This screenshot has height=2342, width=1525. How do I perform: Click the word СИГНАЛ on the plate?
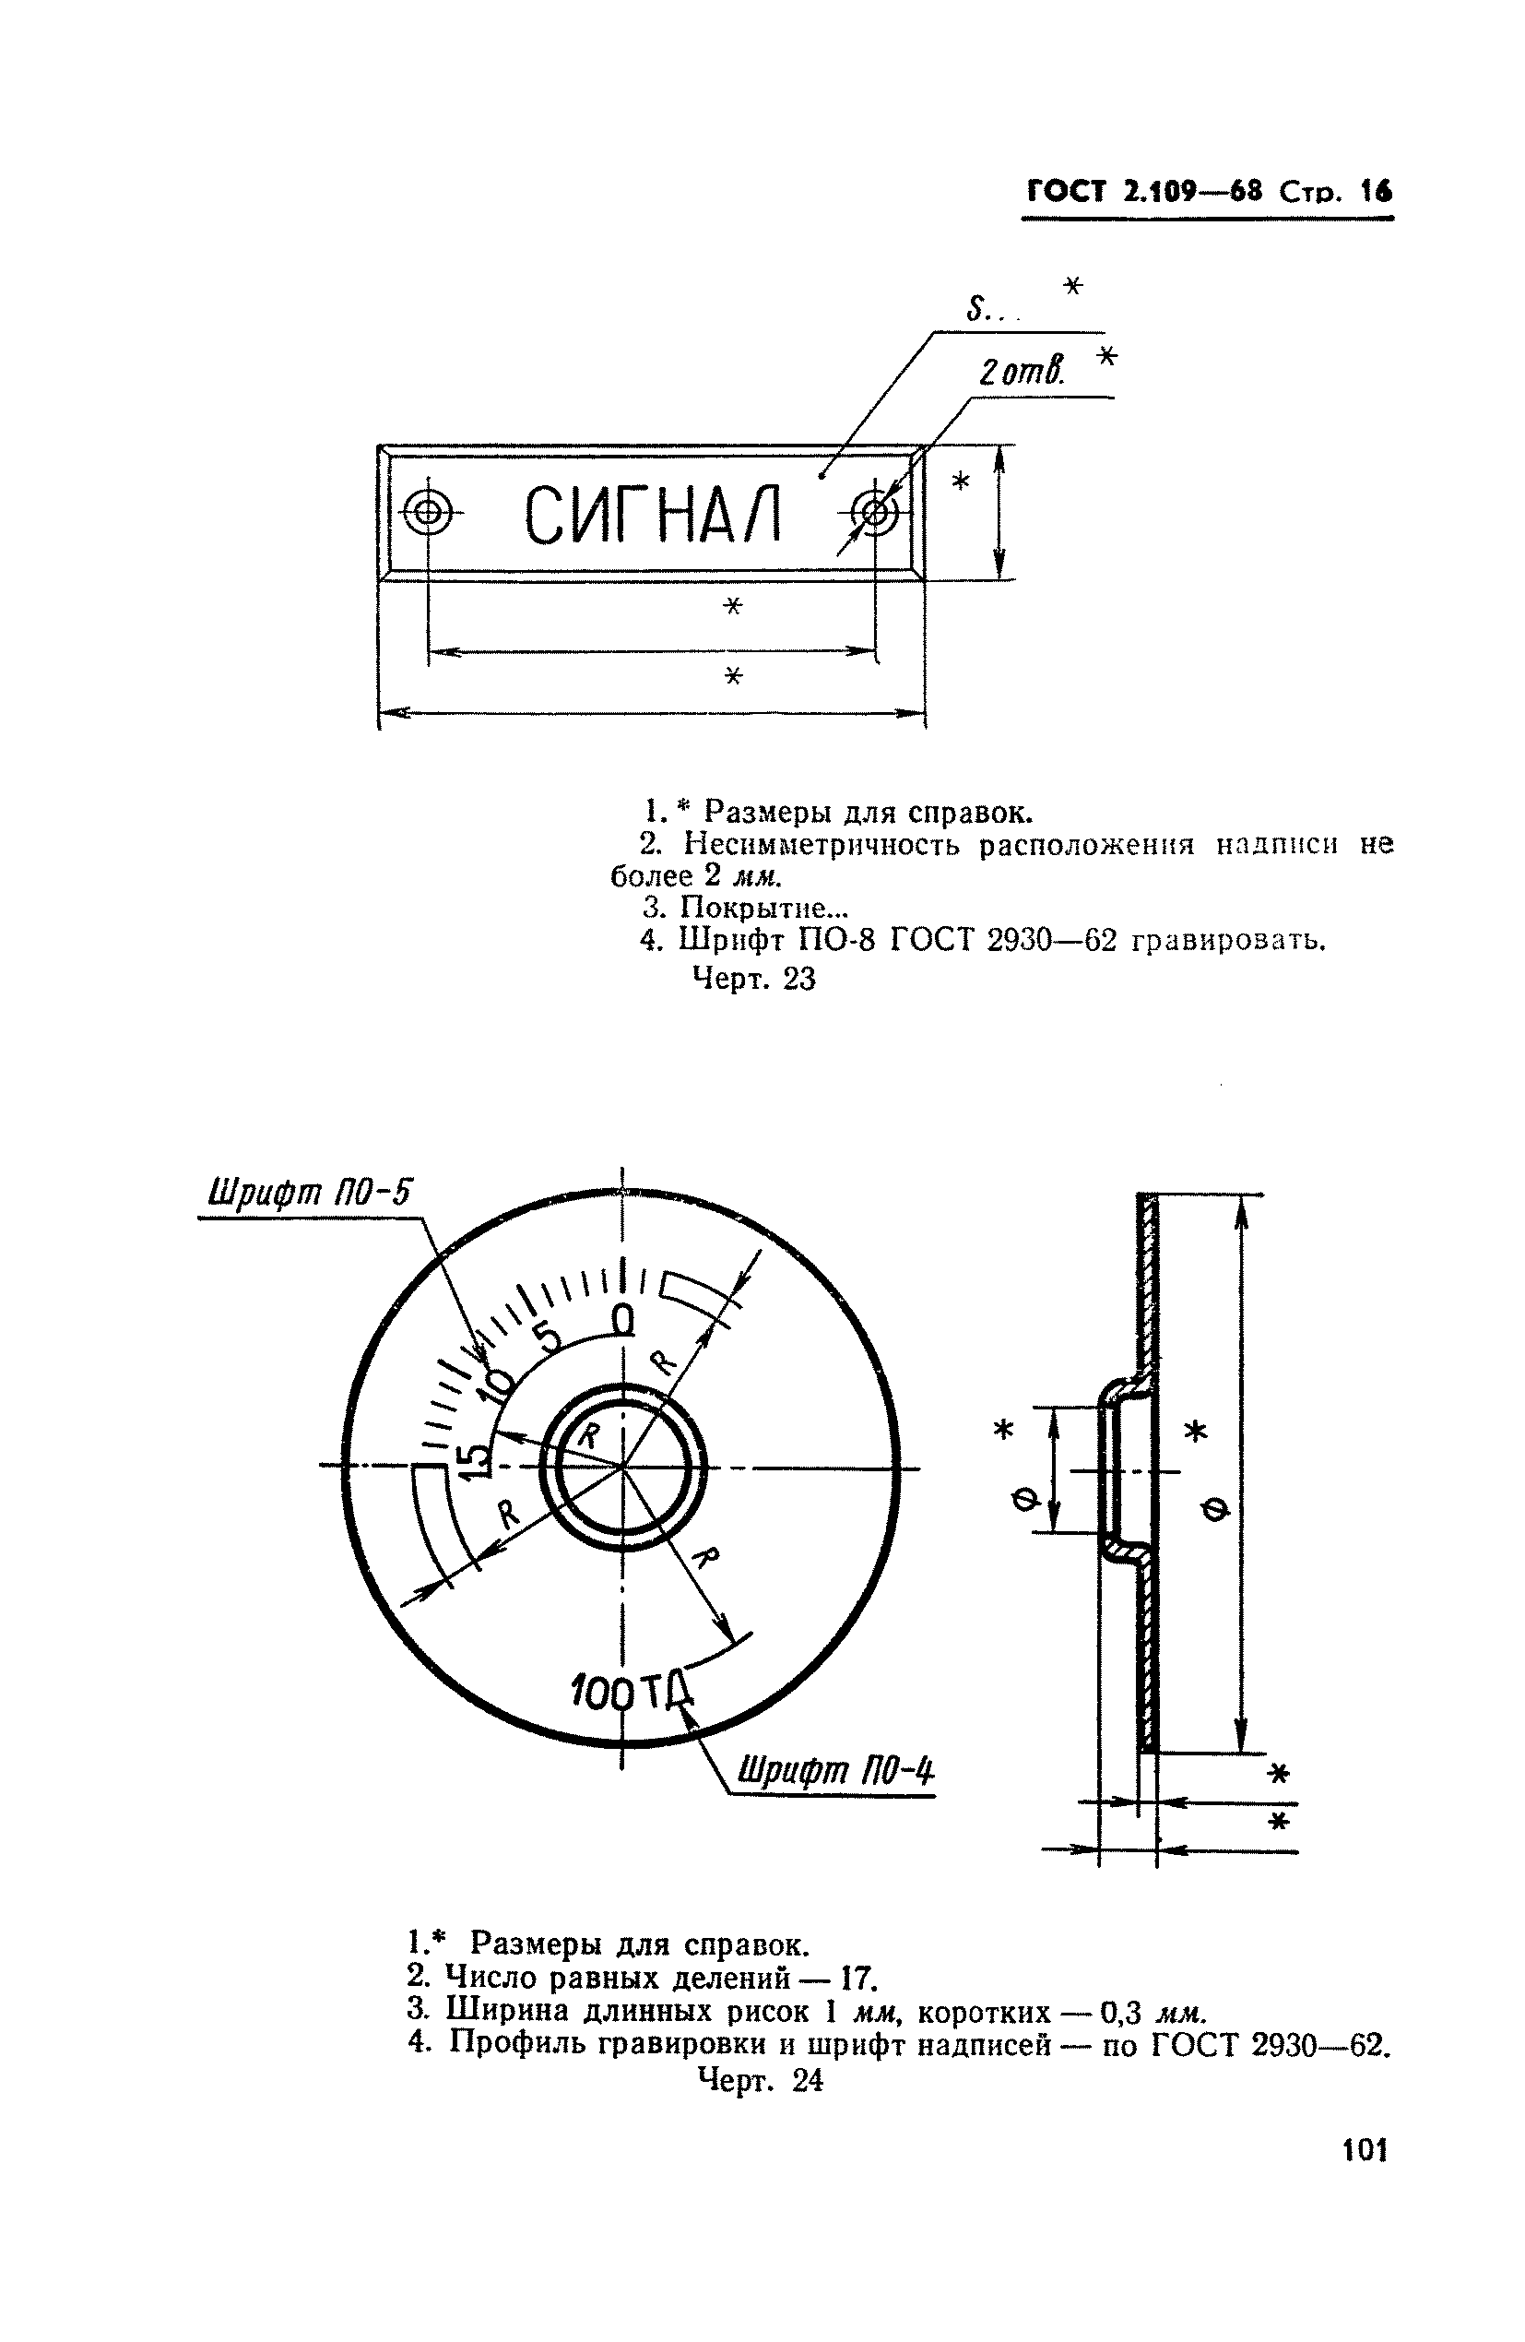[x=652, y=515]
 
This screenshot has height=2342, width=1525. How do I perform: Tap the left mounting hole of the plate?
[x=428, y=512]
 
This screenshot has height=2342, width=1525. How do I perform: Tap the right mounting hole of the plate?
[x=874, y=512]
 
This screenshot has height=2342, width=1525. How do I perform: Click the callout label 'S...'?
[x=988, y=311]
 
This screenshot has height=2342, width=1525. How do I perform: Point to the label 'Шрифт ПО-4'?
[x=835, y=1772]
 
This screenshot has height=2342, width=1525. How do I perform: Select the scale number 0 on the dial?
[x=622, y=1319]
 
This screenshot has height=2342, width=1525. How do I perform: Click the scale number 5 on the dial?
[x=548, y=1338]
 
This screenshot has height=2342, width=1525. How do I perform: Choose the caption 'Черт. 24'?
[x=760, y=2080]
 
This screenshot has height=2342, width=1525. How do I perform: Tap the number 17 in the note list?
[x=859, y=1978]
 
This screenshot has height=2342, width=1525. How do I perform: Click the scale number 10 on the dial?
[x=496, y=1386]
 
